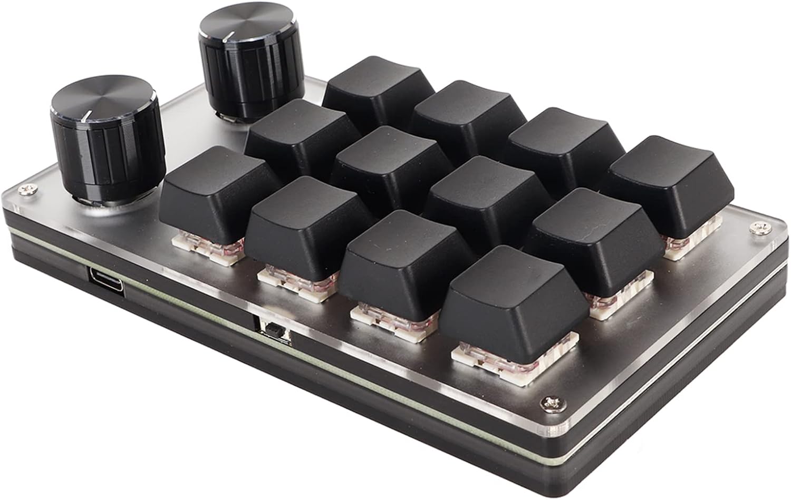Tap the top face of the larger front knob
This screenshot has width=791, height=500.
pos(103,97)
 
